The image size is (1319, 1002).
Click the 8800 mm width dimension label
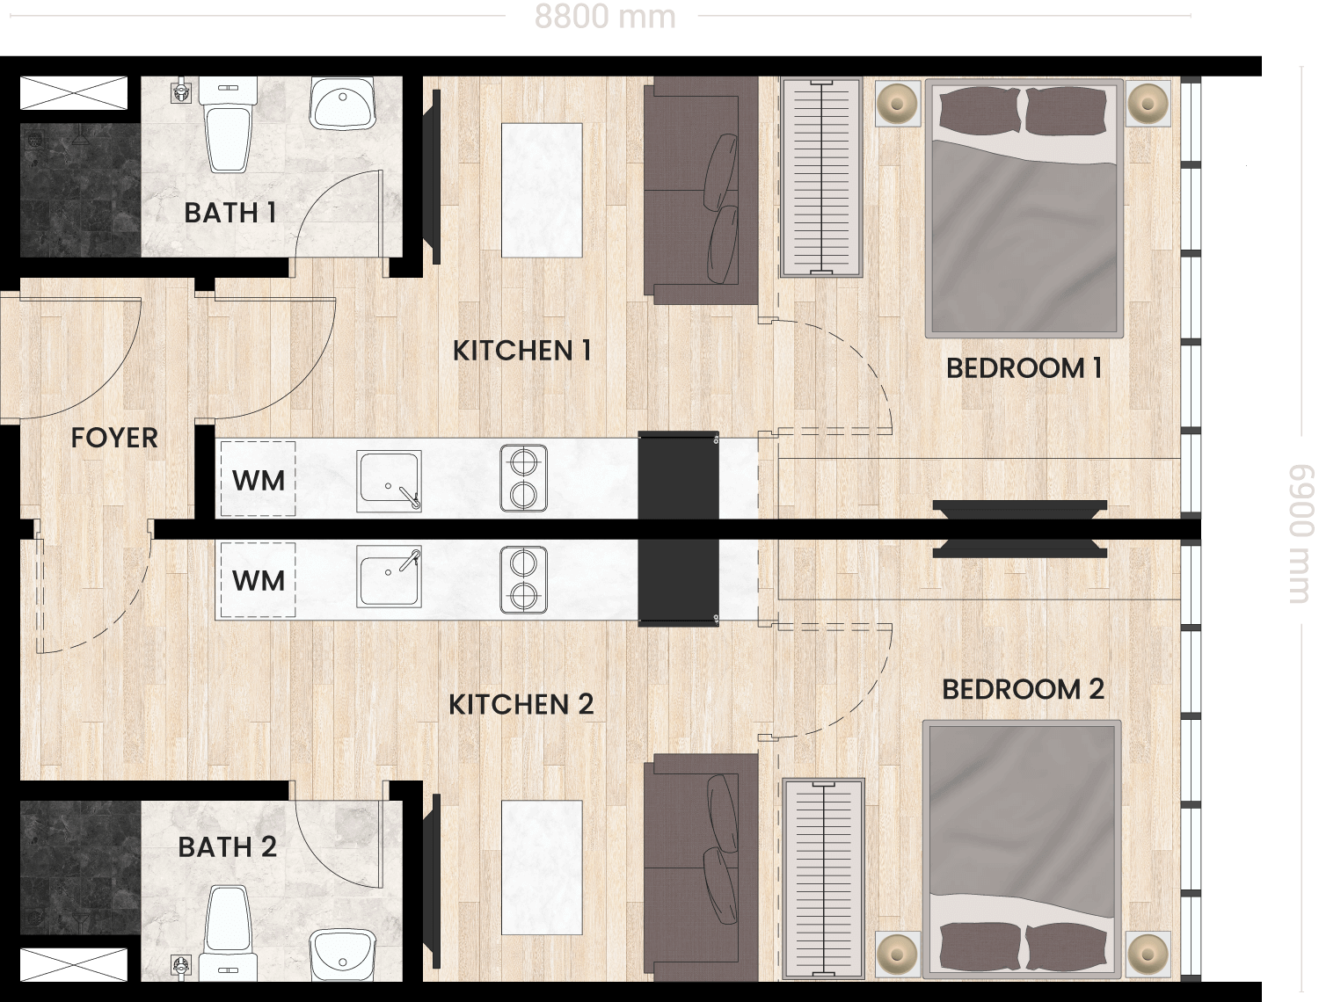tap(604, 17)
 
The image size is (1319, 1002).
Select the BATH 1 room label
tap(230, 213)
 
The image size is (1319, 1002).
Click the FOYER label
tap(114, 438)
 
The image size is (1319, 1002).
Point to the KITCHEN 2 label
tap(521, 704)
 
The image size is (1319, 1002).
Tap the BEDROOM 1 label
tap(1024, 368)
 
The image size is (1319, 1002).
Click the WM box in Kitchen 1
tap(258, 479)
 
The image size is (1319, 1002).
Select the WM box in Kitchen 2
tap(258, 580)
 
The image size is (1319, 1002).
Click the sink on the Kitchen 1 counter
tap(389, 482)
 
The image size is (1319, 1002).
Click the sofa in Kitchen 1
tap(701, 191)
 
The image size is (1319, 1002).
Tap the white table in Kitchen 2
tap(542, 868)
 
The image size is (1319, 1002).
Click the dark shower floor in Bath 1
tap(81, 191)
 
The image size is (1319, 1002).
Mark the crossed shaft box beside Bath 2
tap(74, 965)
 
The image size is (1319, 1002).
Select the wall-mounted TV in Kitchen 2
tap(432, 878)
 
